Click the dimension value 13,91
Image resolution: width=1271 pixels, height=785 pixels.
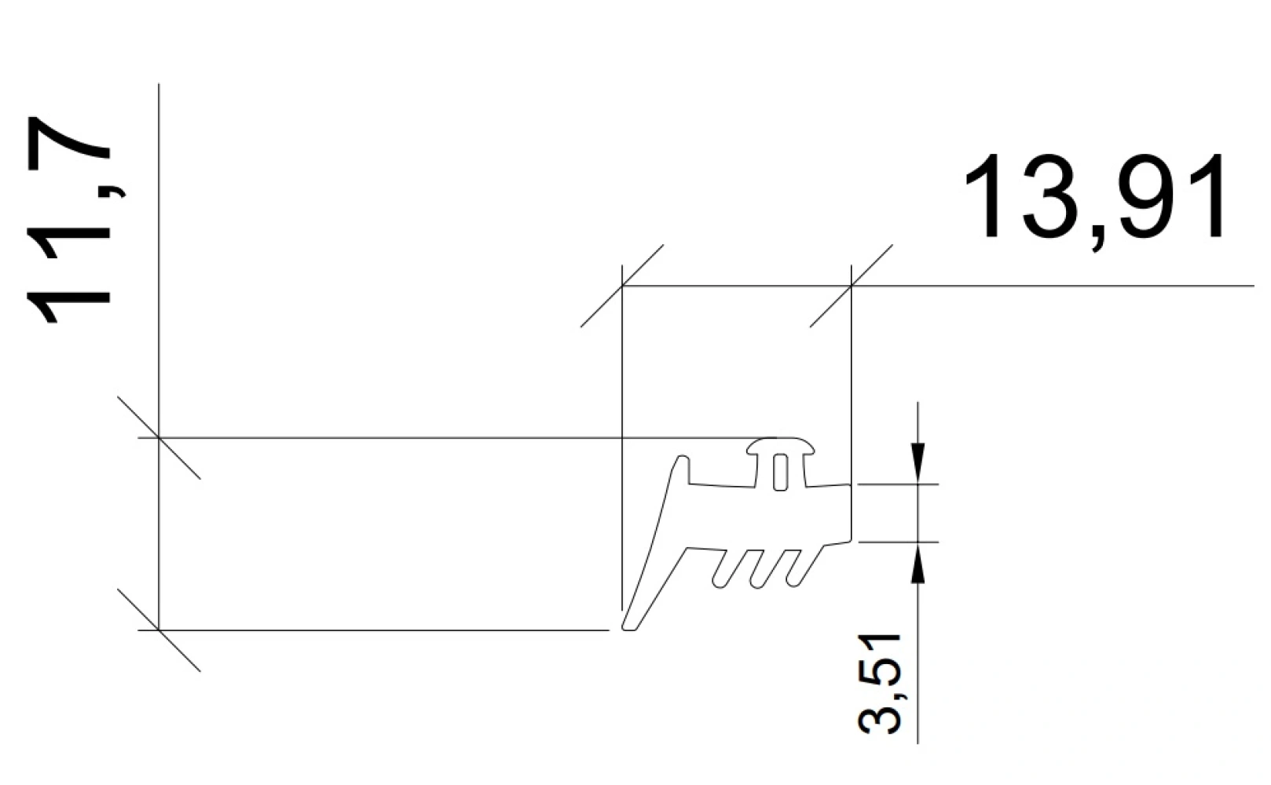pos(1093,203)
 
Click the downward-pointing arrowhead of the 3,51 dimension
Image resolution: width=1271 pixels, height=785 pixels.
pos(918,462)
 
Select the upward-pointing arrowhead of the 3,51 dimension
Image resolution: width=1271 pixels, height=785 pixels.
pos(918,563)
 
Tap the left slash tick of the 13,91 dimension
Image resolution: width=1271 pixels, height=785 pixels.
pos(622,286)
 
